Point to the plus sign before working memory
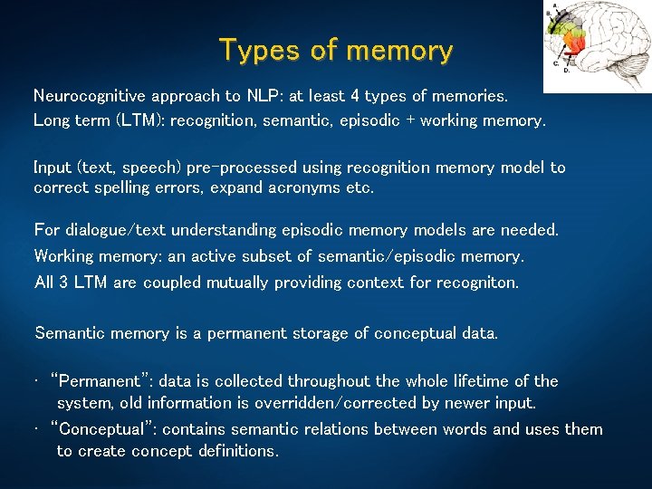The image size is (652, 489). pos(412,120)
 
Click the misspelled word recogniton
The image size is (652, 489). pos(476,283)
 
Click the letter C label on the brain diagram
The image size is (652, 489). pos(556,63)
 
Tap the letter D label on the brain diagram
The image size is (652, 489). pos(567,71)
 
